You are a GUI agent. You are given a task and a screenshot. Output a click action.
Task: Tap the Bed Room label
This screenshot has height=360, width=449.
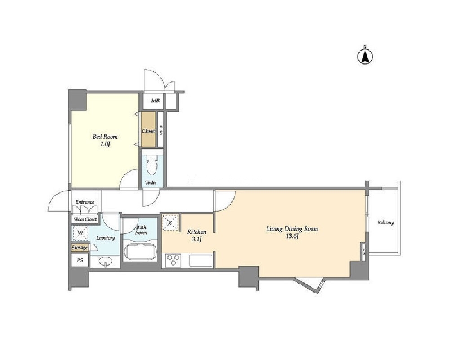[105, 137]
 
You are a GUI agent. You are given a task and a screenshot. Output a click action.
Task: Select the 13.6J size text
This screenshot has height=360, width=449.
[292, 236]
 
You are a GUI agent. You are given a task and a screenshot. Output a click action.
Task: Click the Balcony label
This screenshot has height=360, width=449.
[386, 222]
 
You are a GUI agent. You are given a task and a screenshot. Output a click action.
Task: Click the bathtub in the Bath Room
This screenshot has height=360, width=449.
[140, 251]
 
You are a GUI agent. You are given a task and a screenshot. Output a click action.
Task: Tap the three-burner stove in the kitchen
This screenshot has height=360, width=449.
[173, 261]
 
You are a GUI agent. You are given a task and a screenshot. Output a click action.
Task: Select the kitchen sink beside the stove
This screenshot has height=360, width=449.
[200, 261]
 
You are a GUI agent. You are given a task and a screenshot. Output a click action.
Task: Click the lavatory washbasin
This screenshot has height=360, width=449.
[106, 261]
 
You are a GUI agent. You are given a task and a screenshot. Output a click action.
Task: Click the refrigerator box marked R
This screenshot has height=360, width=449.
[170, 222]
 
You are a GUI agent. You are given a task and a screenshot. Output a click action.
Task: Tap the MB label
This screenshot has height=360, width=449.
[155, 101]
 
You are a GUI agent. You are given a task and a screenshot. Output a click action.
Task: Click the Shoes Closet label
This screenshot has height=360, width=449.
[85, 220]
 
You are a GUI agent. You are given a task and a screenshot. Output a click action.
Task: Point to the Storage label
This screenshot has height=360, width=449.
[79, 248]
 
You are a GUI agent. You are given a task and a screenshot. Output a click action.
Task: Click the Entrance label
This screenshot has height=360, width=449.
[85, 202]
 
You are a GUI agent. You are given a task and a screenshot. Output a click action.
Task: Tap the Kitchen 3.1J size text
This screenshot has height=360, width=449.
[197, 239]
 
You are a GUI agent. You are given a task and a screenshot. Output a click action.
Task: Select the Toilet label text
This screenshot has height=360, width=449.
[151, 182]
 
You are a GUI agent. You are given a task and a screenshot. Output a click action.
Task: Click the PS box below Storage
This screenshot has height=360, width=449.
[80, 260]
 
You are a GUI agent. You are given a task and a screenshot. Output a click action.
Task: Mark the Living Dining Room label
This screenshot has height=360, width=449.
[292, 229]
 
